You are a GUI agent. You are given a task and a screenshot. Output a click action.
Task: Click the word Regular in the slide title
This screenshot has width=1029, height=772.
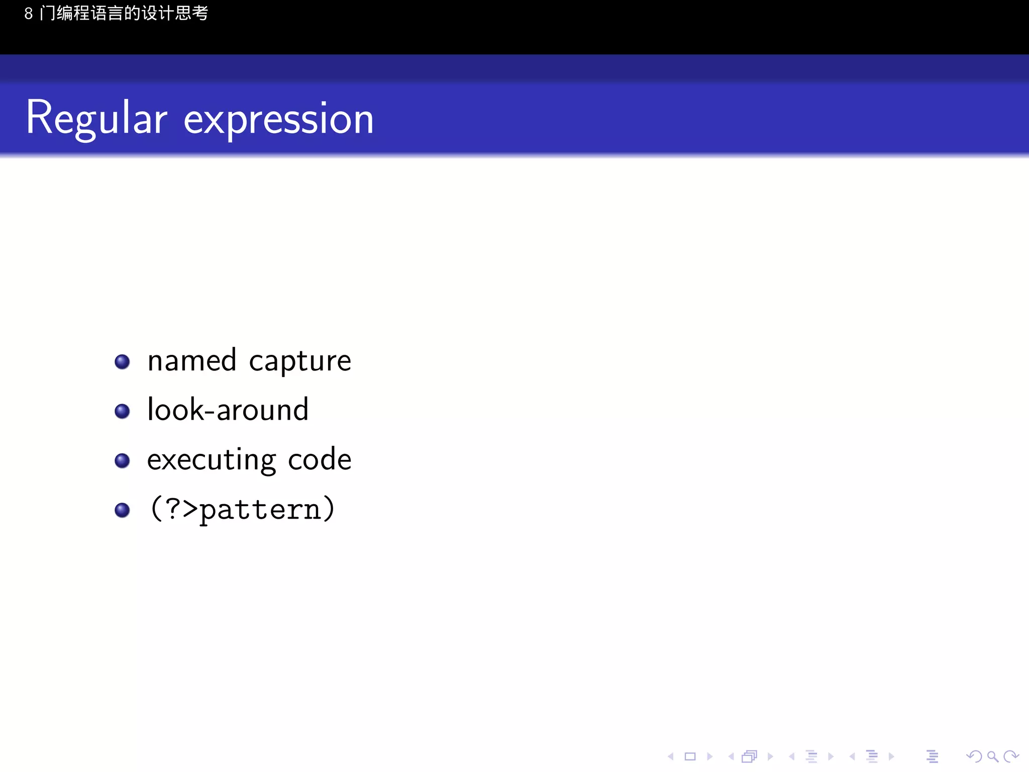coord(96,119)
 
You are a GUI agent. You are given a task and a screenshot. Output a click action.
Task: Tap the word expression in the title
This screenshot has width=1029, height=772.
coord(278,120)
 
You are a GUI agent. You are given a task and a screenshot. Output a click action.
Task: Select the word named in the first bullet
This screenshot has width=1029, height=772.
coord(191,361)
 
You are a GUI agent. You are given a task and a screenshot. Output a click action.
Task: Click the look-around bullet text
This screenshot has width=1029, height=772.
coord(228,410)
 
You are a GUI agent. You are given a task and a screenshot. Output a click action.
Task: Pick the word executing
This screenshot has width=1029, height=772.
coord(211,460)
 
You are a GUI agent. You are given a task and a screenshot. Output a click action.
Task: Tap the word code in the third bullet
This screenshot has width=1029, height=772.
coord(320,459)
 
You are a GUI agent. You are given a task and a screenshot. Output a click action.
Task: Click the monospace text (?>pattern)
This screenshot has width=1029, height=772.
coord(242,509)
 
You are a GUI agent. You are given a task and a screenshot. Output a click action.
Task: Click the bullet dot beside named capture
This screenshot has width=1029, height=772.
coord(122,362)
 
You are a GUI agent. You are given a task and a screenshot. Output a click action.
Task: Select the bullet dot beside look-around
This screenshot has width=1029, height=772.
coord(122,411)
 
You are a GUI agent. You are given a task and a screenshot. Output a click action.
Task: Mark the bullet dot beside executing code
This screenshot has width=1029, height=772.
coord(122,460)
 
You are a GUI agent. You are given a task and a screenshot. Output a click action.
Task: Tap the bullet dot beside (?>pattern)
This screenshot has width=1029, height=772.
coord(122,510)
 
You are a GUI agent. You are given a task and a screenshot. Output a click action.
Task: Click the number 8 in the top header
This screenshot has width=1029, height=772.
coord(29,14)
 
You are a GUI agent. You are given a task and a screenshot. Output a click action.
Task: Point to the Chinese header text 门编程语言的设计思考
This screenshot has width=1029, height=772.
coord(124,13)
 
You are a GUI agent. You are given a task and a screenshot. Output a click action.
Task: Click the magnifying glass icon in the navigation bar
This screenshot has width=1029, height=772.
coord(992,756)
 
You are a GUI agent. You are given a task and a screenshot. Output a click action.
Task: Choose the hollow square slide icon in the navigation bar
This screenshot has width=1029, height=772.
coord(690,756)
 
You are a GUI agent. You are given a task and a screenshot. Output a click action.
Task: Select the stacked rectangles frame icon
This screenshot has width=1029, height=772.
coord(749,756)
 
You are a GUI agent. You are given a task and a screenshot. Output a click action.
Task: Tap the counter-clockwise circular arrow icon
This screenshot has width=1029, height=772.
coord(974,756)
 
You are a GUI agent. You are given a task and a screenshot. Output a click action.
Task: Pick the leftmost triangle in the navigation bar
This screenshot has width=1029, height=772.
coord(670,756)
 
